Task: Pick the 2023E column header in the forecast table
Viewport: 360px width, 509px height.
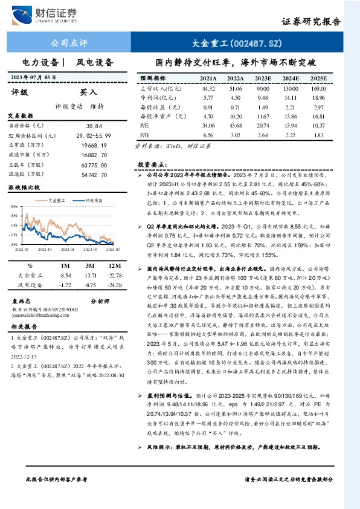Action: click(264, 79)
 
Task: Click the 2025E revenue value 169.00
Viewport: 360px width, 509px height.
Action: click(318, 88)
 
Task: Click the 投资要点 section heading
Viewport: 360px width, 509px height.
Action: click(151, 164)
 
